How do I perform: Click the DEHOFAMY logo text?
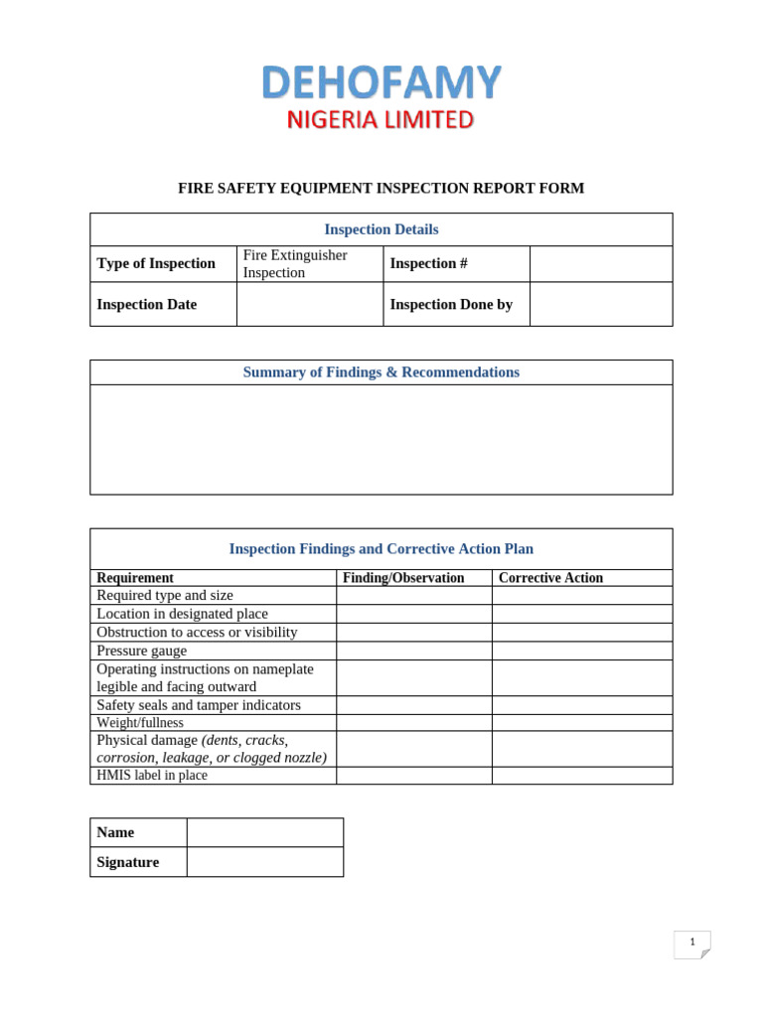pos(381,82)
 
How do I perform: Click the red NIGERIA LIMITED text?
pos(381,120)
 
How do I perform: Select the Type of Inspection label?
pos(156,263)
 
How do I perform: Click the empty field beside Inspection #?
pos(600,263)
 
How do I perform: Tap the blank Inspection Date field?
pos(309,304)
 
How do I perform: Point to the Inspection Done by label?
pos(451,304)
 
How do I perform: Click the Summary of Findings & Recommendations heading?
pos(381,372)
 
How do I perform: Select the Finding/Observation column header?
pos(403,578)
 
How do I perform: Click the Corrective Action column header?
pos(550,578)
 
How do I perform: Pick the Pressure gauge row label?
pos(141,651)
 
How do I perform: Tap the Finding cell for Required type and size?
pos(413,595)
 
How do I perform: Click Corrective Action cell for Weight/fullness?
pos(581,723)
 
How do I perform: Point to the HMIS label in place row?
pos(152,776)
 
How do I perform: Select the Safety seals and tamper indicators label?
pos(199,705)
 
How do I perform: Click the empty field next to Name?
pos(264,832)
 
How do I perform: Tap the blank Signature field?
pos(264,862)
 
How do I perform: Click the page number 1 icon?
pos(691,944)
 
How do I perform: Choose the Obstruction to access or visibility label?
pos(197,632)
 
